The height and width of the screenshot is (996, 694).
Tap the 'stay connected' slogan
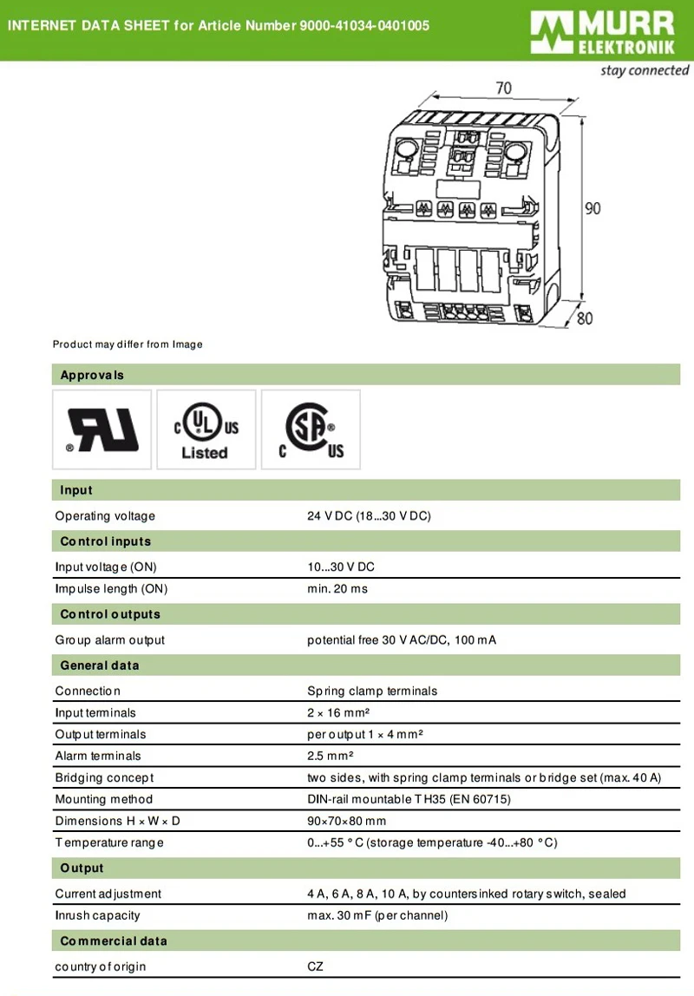pyautogui.click(x=644, y=70)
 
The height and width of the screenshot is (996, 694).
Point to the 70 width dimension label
pyautogui.click(x=503, y=88)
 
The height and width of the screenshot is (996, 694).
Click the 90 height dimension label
pyautogui.click(x=592, y=208)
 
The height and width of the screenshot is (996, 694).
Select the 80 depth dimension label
pyautogui.click(x=585, y=318)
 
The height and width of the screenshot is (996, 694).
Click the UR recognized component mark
pyautogui.click(x=102, y=429)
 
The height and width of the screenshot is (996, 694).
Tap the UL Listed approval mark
pyautogui.click(x=206, y=429)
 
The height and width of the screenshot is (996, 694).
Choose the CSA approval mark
pyautogui.click(x=311, y=429)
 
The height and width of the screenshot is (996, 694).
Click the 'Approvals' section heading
pyautogui.click(x=92, y=375)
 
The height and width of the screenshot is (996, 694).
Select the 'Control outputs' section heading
pyautogui.click(x=110, y=614)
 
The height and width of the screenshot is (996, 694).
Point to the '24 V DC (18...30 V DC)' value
pyautogui.click(x=369, y=516)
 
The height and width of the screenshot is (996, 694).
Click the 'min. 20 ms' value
pyautogui.click(x=337, y=589)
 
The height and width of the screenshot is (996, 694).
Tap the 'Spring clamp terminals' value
pyautogui.click(x=372, y=691)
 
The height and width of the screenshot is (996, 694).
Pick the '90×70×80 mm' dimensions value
pyautogui.click(x=347, y=821)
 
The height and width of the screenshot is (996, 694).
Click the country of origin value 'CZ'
pyautogui.click(x=316, y=967)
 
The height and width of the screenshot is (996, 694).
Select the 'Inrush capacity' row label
pyautogui.click(x=97, y=915)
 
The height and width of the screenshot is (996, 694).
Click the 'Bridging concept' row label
pyautogui.click(x=104, y=777)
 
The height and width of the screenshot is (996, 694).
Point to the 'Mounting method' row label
pyautogui.click(x=103, y=799)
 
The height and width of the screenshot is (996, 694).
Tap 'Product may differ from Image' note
pyautogui.click(x=128, y=344)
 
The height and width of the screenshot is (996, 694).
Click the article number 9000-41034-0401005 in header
pyautogui.click(x=364, y=26)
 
